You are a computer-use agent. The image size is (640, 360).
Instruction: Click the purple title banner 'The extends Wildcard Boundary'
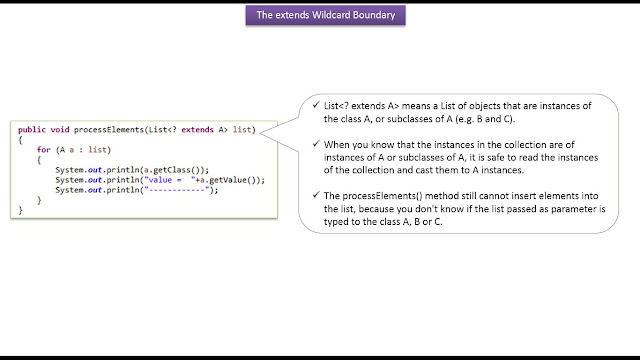point(319,15)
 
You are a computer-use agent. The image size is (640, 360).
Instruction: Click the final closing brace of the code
point(20,210)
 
